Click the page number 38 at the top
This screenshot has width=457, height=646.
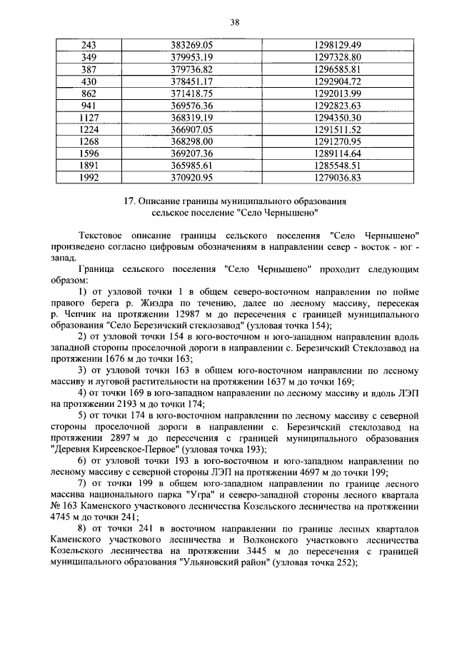pos(233,22)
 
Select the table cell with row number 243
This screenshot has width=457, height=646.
pos(89,45)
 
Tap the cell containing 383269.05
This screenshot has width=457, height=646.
pos(193,45)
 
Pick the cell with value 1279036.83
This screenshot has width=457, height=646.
pos(338,177)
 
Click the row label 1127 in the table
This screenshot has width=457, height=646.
pos(89,117)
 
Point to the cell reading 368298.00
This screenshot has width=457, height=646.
pos(193,141)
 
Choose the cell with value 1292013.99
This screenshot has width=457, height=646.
pos(338,93)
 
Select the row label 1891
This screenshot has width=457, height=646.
pos(89,165)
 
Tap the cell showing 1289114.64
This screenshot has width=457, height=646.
pos(338,153)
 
